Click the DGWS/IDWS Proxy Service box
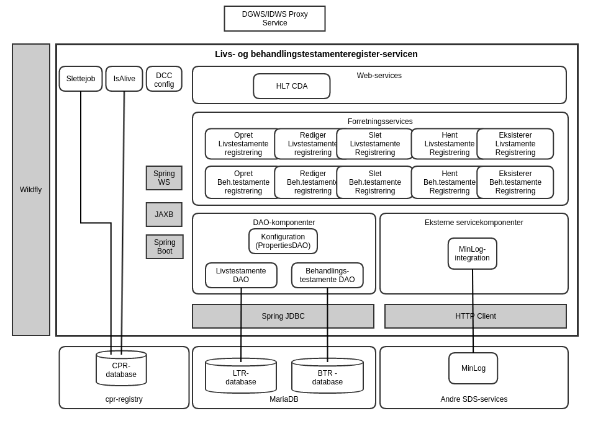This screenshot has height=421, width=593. pyautogui.click(x=274, y=19)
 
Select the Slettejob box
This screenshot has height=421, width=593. pyautogui.click(x=81, y=79)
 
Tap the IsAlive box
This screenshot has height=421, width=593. pyautogui.click(x=124, y=79)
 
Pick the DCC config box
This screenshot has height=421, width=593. pyautogui.click(x=164, y=79)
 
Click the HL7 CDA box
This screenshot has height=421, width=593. pyautogui.click(x=292, y=86)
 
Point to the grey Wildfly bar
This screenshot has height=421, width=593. pyautogui.click(x=31, y=190)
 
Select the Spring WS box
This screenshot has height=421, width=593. pyautogui.click(x=164, y=178)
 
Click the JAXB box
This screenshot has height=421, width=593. pyautogui.click(x=164, y=215)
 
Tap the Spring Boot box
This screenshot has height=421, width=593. pyautogui.click(x=165, y=247)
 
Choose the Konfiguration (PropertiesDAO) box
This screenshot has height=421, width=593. pyautogui.click(x=283, y=241)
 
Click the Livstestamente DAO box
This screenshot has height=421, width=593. pyautogui.click(x=241, y=275)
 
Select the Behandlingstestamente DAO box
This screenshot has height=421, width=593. pyautogui.click(x=327, y=275)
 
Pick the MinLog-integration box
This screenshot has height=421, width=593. pyautogui.click(x=473, y=254)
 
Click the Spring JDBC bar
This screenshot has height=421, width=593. pyautogui.click(x=283, y=316)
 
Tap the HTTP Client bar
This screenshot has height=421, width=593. pyautogui.click(x=476, y=316)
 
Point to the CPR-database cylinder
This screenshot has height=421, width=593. pyautogui.click(x=121, y=370)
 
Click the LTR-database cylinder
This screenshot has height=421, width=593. pyautogui.click(x=241, y=376)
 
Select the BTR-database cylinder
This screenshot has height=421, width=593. pyautogui.click(x=327, y=376)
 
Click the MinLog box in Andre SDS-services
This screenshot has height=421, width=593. pyautogui.click(x=473, y=368)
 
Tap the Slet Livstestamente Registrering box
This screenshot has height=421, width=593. pyautogui.click(x=375, y=144)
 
